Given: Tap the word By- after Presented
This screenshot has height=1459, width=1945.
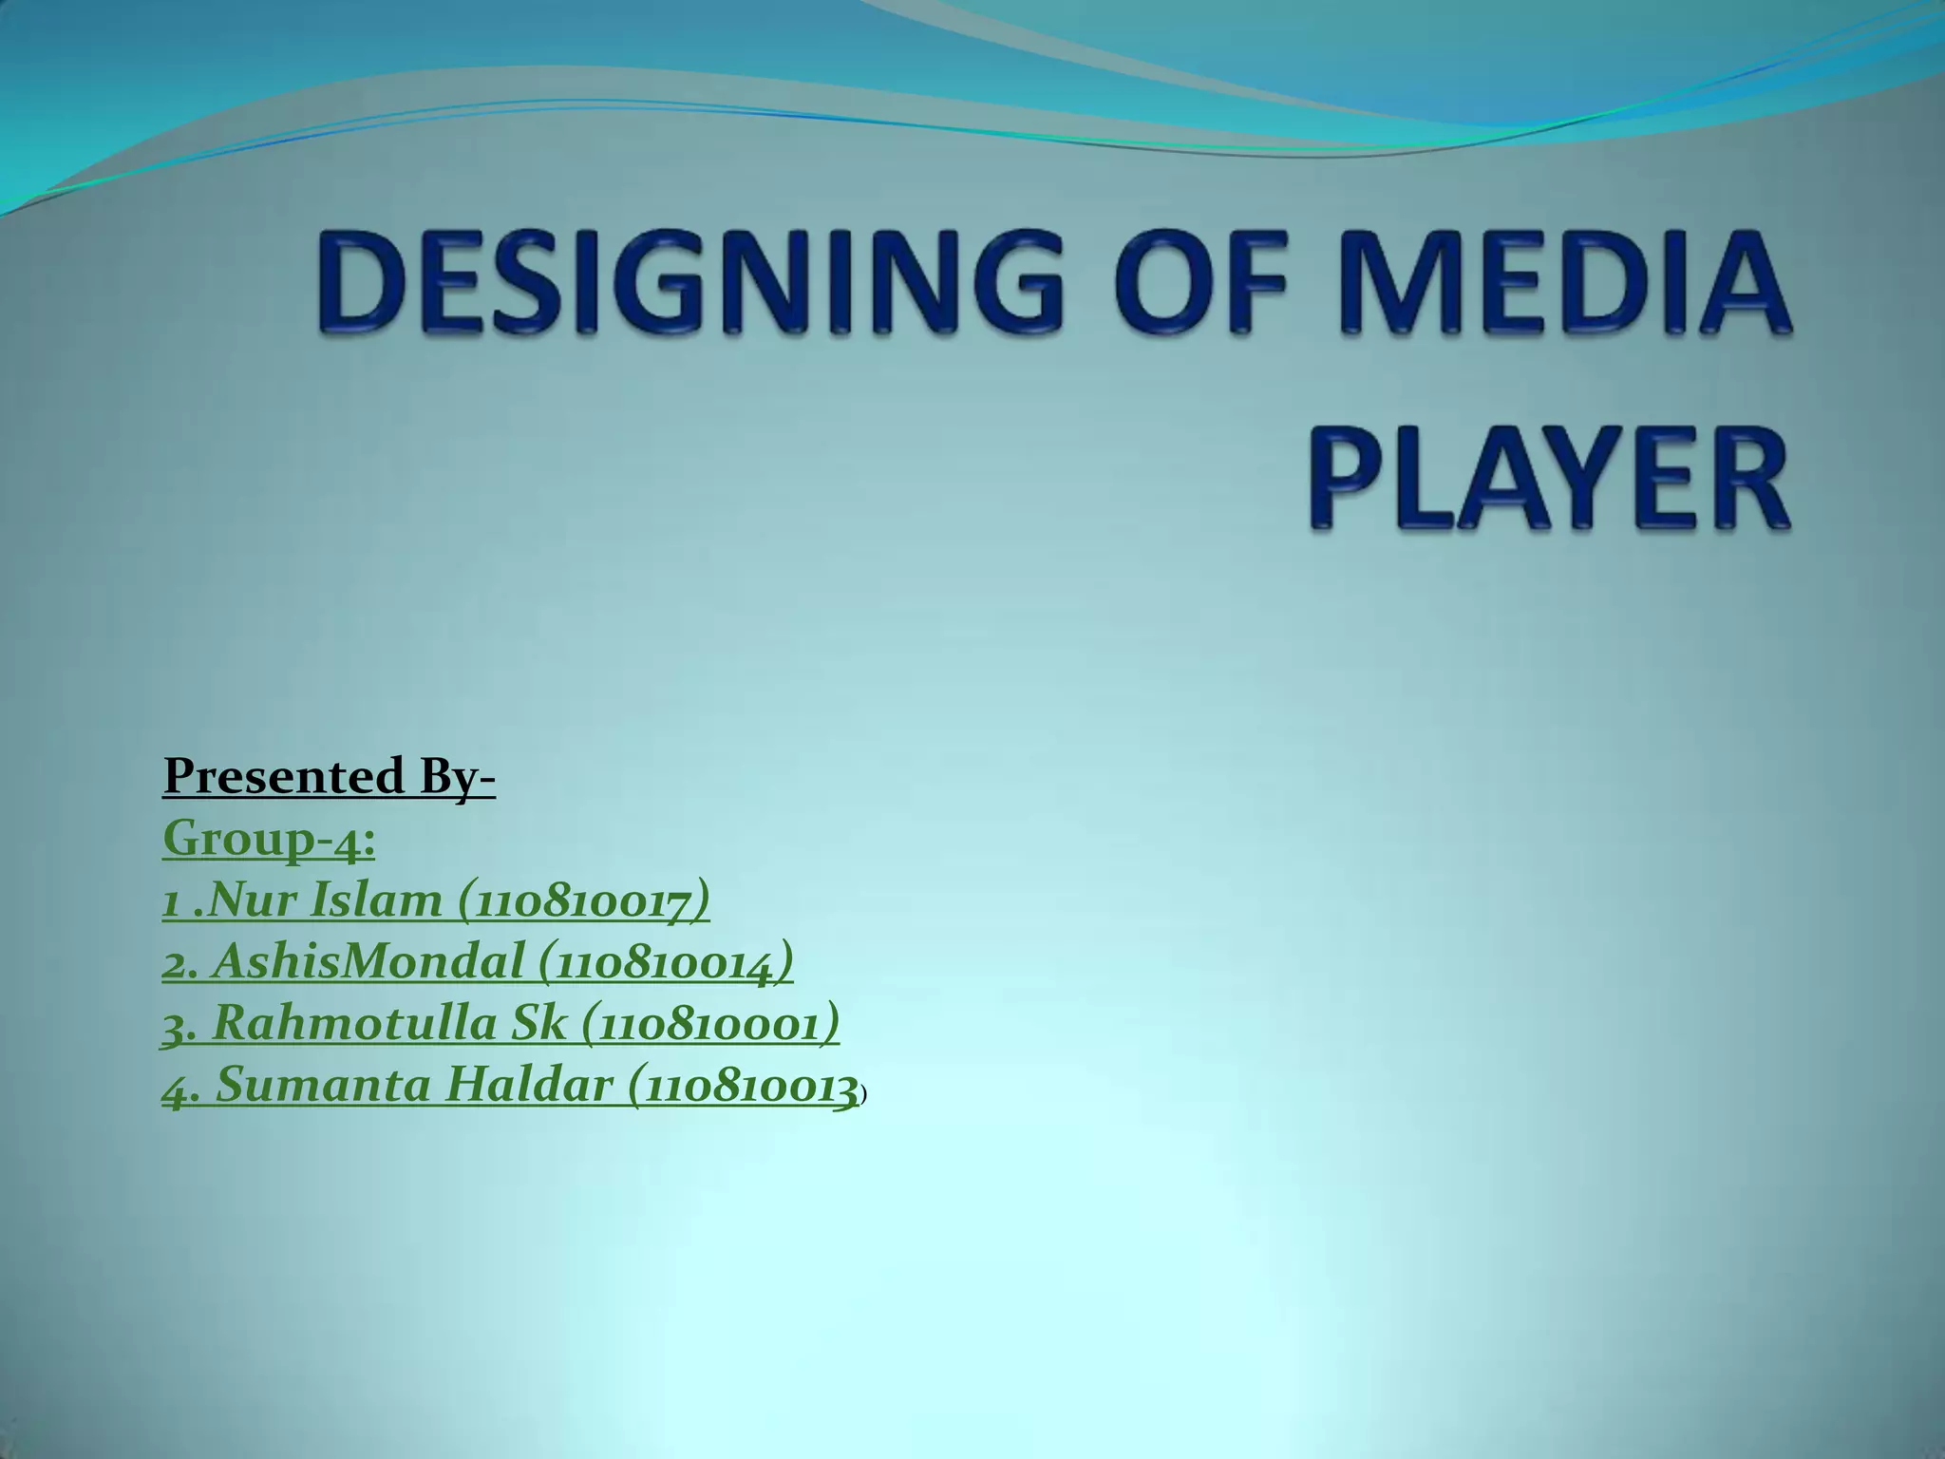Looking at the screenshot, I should pos(455,778).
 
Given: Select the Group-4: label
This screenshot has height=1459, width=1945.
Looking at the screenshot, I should pos(269,839).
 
